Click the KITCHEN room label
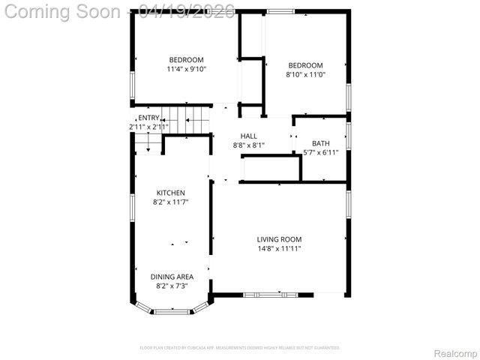tap(170, 193)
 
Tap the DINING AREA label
tap(172, 277)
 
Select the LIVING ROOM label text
tap(279, 240)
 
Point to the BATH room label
tap(321, 143)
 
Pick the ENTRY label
tap(148, 118)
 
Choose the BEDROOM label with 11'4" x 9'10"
tap(186, 60)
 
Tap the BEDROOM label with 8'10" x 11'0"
tap(305, 65)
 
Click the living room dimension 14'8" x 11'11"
tap(279, 248)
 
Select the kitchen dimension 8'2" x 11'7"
tap(170, 202)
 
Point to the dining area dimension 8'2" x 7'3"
tap(172, 286)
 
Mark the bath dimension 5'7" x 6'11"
tap(321, 152)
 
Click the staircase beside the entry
tap(187, 118)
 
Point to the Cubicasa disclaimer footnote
tap(240, 347)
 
